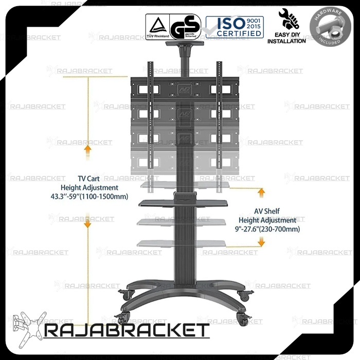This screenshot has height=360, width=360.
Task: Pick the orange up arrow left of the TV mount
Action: (88, 150)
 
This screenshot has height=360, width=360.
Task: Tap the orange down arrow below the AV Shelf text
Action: (262, 243)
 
